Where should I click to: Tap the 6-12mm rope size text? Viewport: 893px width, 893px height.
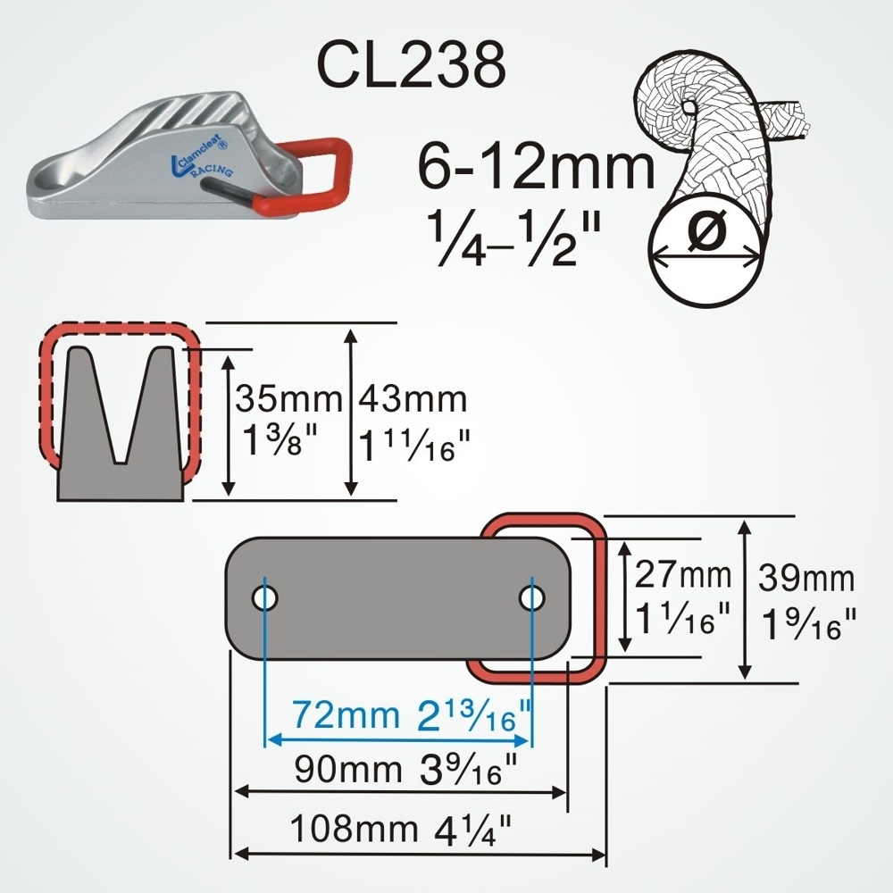pyautogui.click(x=536, y=168)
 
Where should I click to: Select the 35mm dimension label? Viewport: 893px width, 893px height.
pyautogui.click(x=288, y=399)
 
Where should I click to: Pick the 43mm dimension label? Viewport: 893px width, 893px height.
pyautogui.click(x=413, y=399)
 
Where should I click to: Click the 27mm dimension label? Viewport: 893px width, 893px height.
pyautogui.click(x=683, y=576)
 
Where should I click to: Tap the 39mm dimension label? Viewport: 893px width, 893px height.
pyautogui.click(x=806, y=580)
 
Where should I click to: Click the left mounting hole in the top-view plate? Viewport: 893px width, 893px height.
pyautogui.click(x=264, y=597)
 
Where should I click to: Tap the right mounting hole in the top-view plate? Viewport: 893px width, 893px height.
pyautogui.click(x=533, y=597)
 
